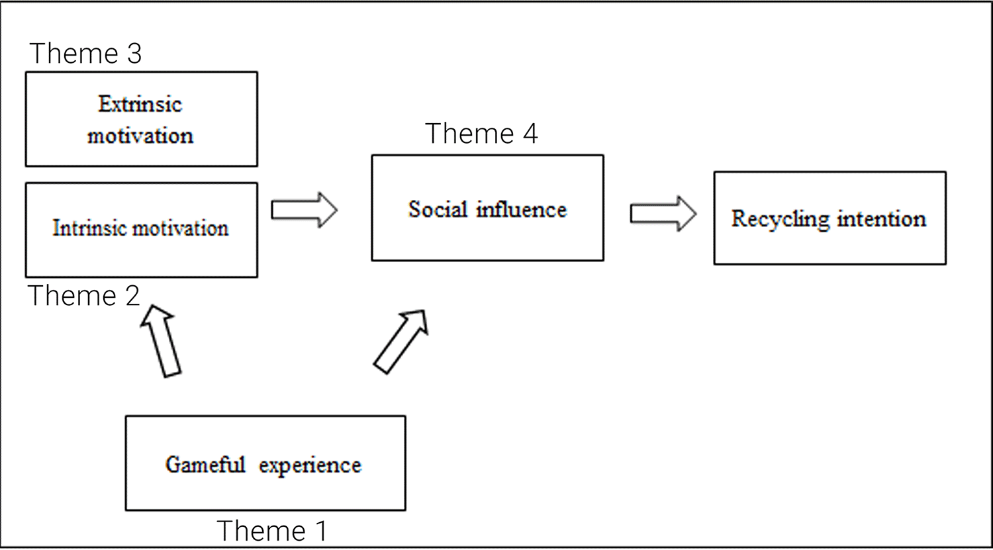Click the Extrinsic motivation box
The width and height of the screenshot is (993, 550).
click(141, 119)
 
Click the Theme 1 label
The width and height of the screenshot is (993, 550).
click(271, 531)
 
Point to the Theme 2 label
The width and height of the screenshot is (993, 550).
click(84, 295)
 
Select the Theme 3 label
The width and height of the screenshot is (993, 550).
click(85, 53)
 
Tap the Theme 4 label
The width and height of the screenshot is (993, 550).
click(481, 134)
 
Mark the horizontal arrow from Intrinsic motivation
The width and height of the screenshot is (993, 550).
click(304, 210)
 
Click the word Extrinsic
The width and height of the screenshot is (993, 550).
click(140, 104)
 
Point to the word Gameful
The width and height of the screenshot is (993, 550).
click(205, 465)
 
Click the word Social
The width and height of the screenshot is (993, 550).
click(438, 209)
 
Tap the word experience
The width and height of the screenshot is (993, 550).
click(310, 465)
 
